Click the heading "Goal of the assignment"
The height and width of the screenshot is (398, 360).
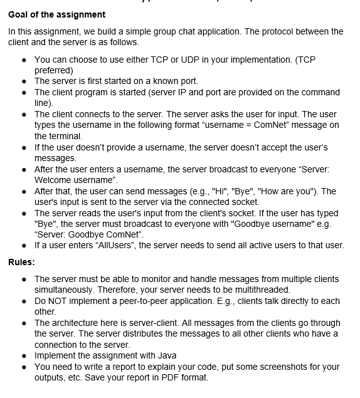(57, 14)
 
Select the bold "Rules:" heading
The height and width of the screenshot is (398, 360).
(21, 261)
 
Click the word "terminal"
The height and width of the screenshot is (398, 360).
(65, 136)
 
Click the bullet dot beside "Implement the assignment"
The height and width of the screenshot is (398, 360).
(24, 356)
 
